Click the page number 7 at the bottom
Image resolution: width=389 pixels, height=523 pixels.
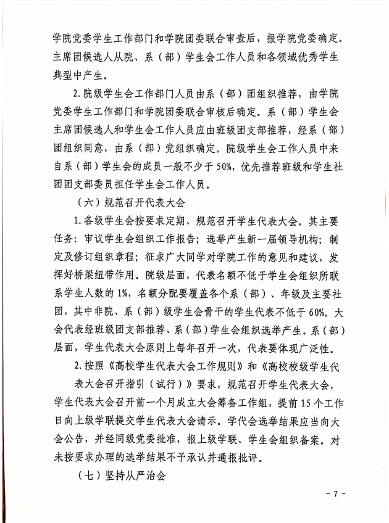coord(337,494)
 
